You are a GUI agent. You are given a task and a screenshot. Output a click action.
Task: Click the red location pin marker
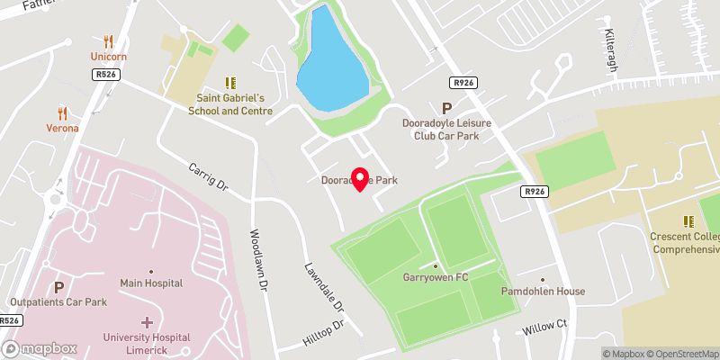[x=360, y=179]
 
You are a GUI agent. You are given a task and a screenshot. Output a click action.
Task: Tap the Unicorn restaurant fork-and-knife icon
[x=108, y=40]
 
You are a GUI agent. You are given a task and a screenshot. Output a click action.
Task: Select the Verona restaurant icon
[x=62, y=112]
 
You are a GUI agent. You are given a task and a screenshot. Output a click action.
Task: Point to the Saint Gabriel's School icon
[x=229, y=83]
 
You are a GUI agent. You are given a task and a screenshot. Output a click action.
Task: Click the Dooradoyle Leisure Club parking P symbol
[x=446, y=108]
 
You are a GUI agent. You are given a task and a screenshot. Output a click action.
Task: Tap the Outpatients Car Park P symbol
[x=58, y=287]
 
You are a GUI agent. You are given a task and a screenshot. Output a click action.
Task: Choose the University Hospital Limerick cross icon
[x=148, y=321]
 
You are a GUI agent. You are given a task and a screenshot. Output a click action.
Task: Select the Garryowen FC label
[x=436, y=277]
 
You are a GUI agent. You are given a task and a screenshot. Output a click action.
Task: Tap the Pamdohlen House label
[x=543, y=291]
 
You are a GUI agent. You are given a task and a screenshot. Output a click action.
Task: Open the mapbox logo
[x=39, y=348]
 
